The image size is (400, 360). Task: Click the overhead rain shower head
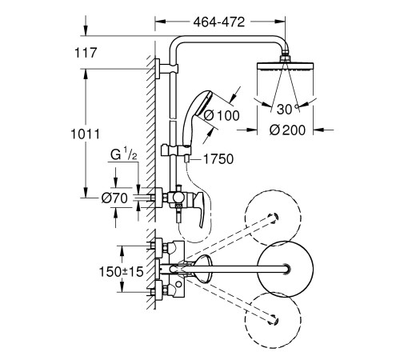click(286, 69)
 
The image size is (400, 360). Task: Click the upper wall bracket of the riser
click(165, 69)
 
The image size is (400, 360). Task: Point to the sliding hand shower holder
click(172, 149)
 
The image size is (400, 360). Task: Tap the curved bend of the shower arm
click(182, 42)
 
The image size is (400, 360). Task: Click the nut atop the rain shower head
click(286, 56)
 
